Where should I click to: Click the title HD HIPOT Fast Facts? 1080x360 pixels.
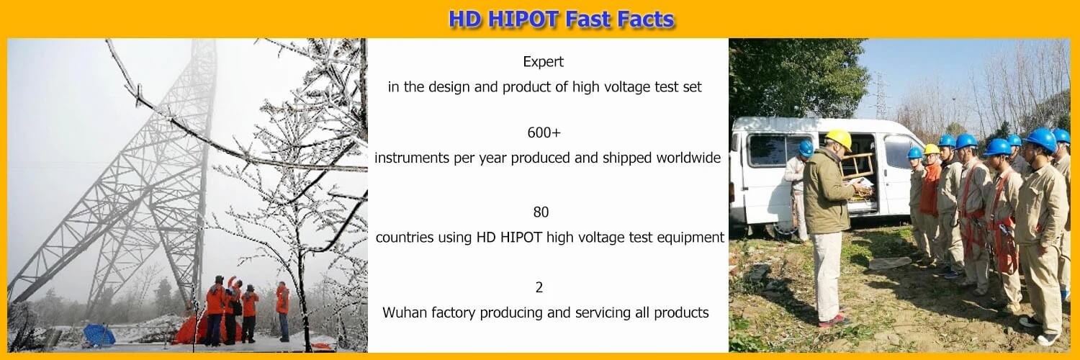click(561, 19)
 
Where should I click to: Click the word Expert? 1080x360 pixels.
click(544, 62)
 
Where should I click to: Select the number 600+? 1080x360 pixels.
click(544, 132)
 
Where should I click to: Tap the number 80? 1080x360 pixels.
click(541, 212)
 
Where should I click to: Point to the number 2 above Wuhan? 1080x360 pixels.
click(539, 287)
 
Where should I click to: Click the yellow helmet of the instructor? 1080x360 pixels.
click(839, 138)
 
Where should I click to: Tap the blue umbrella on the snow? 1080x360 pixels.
click(99, 335)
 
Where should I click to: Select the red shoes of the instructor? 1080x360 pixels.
click(834, 321)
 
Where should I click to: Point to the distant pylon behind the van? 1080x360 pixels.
click(880, 96)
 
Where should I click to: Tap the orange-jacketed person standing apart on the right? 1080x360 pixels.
click(283, 311)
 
